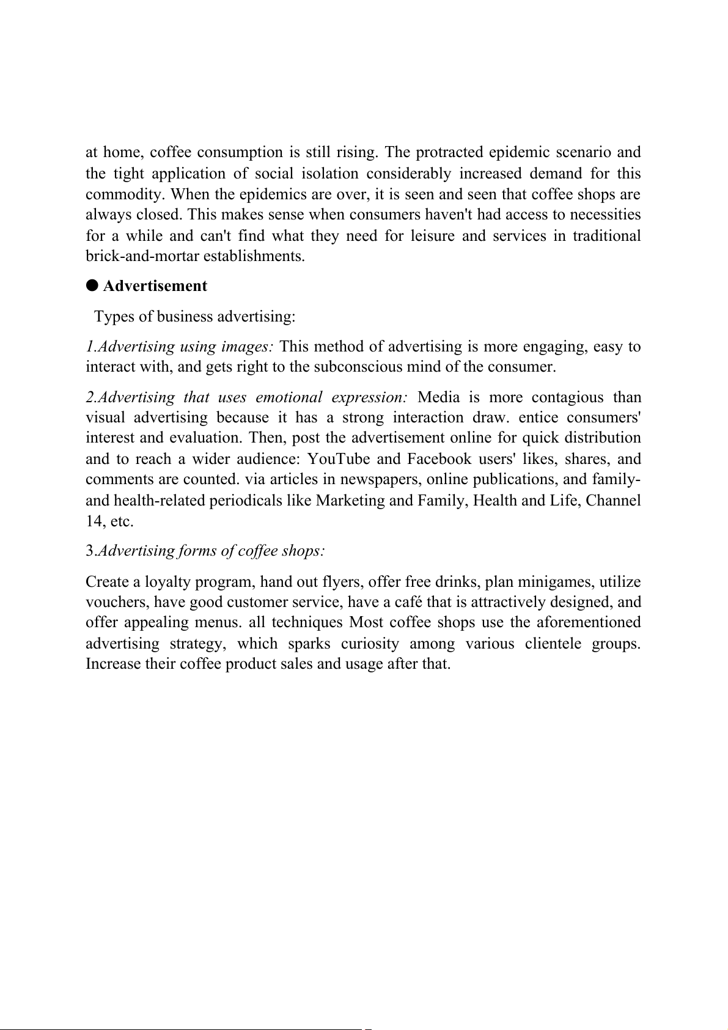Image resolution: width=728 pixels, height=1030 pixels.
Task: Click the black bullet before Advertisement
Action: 92,285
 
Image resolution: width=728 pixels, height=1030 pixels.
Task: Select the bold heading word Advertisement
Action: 155,285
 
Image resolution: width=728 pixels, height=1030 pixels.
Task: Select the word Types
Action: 115,317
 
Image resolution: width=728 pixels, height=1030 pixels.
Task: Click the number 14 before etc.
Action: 94,521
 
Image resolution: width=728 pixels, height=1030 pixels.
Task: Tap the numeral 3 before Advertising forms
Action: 89,551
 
